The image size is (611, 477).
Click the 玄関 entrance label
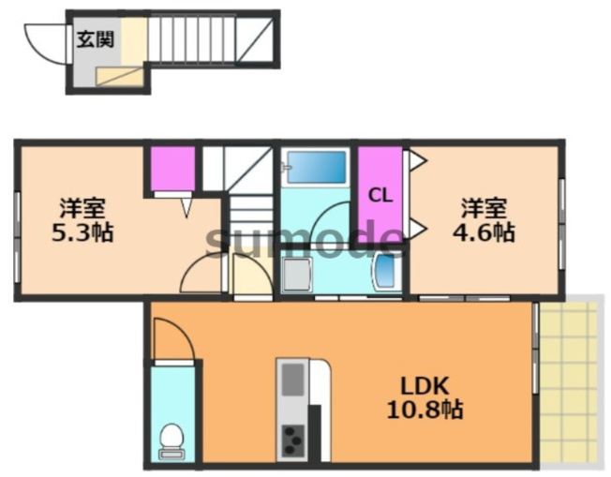pyautogui.click(x=96, y=39)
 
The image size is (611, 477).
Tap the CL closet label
pyautogui.click(x=380, y=196)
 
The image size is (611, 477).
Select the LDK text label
pyautogui.click(x=425, y=386)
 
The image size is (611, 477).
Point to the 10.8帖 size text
pyautogui.click(x=425, y=410)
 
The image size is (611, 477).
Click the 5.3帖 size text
pyautogui.click(x=82, y=232)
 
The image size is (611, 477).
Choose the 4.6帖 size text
pyautogui.click(x=484, y=232)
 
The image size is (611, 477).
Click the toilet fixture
pyautogui.click(x=171, y=440)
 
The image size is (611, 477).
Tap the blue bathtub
pyautogui.click(x=317, y=167)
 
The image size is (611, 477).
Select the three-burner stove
pyautogui.click(x=293, y=440)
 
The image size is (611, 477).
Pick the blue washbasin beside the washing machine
pyautogui.click(x=386, y=271)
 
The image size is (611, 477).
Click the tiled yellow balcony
pyautogui.click(x=569, y=384)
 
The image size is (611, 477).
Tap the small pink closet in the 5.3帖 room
pyautogui.click(x=172, y=169)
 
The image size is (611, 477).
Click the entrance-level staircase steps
pyautogui.click(x=192, y=39)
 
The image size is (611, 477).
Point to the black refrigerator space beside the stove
pyautogui.click(x=315, y=433)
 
